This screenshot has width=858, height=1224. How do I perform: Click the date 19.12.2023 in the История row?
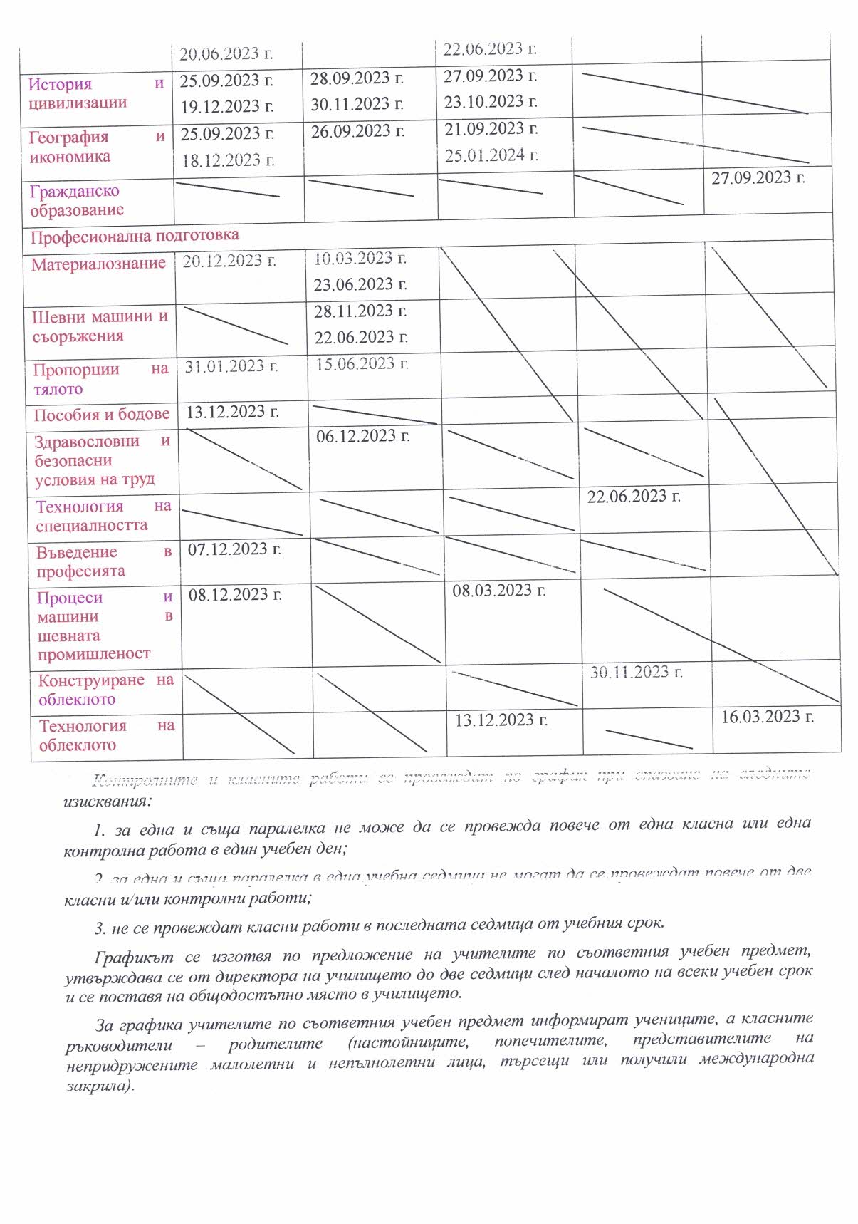(226, 107)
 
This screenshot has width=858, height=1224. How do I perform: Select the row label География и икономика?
(96, 147)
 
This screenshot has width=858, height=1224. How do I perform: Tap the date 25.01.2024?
(491, 155)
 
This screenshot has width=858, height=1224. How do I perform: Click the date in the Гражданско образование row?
(758, 178)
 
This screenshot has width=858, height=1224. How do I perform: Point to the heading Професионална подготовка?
(135, 236)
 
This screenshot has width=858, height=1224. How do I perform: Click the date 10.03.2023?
(360, 259)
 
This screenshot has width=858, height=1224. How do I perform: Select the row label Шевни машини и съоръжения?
(100, 326)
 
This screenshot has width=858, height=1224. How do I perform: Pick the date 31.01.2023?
(231, 367)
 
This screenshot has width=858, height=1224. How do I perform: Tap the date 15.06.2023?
(362, 364)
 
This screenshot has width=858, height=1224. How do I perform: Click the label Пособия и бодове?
(102, 415)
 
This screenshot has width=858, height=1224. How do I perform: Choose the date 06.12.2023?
(362, 436)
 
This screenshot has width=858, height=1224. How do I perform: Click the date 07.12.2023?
(234, 549)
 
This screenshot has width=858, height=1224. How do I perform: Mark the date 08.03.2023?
(498, 591)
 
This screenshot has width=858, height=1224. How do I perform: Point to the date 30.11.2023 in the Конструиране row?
(636, 673)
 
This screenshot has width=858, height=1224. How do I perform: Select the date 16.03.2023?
(767, 717)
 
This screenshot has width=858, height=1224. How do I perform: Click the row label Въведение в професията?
(104, 561)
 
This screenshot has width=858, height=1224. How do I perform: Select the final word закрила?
(98, 1087)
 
